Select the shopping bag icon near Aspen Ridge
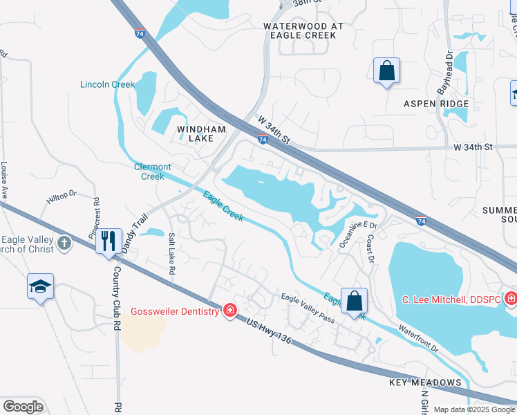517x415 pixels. tap(386, 71)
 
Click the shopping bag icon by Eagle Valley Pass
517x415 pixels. tap(354, 302)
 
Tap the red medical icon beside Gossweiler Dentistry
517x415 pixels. tap(229, 311)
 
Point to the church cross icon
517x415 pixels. tap(64, 243)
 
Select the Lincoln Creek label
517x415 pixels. tap(107, 84)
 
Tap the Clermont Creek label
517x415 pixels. tap(152, 172)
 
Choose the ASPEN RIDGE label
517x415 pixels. tap(437, 104)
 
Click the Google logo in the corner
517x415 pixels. tap(23, 406)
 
